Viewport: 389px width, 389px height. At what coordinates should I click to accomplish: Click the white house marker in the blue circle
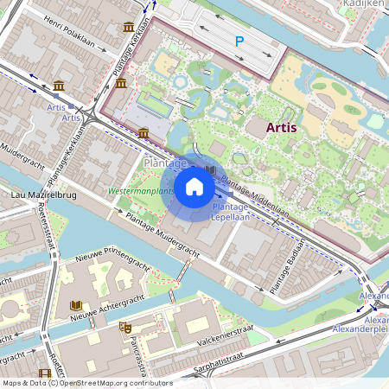click(x=194, y=187)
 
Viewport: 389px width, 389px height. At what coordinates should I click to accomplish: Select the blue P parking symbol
click(x=239, y=41)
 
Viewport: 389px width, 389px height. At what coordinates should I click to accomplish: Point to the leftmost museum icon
click(x=58, y=86)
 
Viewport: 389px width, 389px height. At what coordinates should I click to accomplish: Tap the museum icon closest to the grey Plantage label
click(x=143, y=132)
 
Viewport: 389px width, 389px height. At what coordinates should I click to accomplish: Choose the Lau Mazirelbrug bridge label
click(x=39, y=197)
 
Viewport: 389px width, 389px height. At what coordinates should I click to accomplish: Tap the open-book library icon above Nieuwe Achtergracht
click(x=76, y=306)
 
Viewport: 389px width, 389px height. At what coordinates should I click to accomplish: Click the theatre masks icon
click(x=125, y=328)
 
